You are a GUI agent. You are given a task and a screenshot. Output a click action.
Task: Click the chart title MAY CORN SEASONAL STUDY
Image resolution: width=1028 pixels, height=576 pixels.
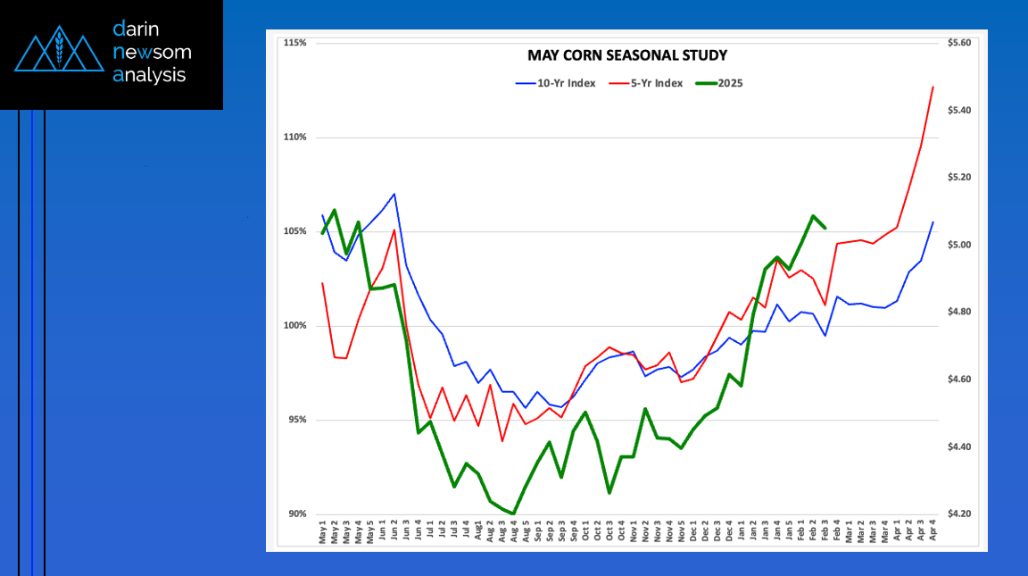tap(626, 55)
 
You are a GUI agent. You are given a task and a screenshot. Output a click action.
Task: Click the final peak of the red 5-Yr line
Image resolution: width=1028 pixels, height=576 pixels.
tap(933, 87)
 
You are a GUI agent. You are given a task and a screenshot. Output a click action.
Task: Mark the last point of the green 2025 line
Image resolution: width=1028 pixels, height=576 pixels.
tap(825, 228)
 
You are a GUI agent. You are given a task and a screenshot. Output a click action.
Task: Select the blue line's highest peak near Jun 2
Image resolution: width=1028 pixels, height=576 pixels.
tap(394, 194)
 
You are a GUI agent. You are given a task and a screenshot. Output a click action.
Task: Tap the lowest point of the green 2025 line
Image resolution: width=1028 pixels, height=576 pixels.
tap(514, 513)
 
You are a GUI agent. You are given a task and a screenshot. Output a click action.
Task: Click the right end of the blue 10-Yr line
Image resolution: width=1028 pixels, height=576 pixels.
tap(933, 222)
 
